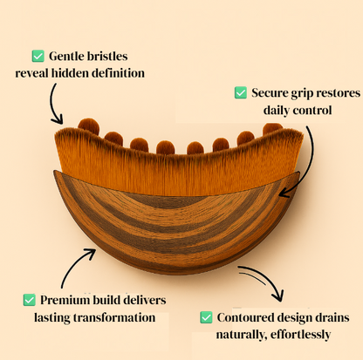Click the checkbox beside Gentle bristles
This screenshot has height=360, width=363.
[38, 55]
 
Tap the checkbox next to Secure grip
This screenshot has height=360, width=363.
[241, 92]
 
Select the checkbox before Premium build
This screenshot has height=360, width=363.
[30, 299]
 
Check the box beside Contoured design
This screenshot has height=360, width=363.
[207, 316]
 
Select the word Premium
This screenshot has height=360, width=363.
[69, 299]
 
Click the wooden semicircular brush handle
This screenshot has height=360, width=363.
[175, 222]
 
